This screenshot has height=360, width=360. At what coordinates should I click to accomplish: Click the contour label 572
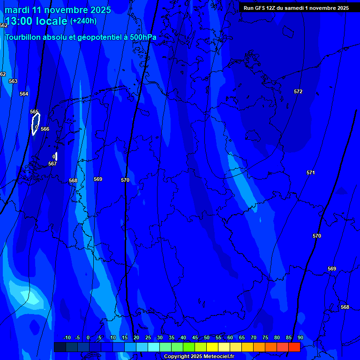click(298, 91)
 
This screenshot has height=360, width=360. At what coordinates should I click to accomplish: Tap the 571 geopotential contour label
click(311, 172)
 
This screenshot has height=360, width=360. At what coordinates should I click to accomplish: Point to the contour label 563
click(13, 81)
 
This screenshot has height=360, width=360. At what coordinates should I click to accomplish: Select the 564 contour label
click(24, 94)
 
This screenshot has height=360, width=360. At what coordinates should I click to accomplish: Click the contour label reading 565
click(34, 112)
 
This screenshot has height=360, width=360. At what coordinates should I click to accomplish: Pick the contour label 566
click(45, 129)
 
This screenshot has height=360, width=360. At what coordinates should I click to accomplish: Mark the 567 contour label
click(52, 164)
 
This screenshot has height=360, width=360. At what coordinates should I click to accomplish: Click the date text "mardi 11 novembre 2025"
click(58, 10)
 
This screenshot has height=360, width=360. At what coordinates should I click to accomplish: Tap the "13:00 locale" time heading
click(36, 21)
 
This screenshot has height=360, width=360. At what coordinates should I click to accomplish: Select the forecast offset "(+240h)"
click(83, 21)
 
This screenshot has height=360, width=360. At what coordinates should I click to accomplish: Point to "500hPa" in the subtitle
click(142, 37)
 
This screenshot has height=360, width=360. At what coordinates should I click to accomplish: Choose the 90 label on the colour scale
click(300, 337)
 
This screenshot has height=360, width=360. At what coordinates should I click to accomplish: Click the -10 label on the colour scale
click(67, 337)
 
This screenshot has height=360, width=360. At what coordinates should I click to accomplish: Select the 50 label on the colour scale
click(206, 337)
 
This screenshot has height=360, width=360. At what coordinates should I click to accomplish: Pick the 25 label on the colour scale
click(148, 337)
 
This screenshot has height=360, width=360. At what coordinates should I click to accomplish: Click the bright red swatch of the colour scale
click(294, 347)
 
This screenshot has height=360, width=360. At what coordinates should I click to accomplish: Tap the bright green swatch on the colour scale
click(188, 347)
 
